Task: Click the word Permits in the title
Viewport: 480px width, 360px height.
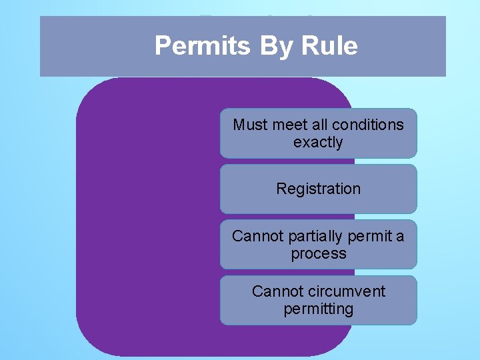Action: tap(202, 46)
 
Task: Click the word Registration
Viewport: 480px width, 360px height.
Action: tap(318, 189)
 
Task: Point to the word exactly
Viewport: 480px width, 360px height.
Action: tap(318, 142)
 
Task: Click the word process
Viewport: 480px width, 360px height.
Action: tap(318, 253)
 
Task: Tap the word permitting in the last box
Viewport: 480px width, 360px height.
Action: tap(318, 309)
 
